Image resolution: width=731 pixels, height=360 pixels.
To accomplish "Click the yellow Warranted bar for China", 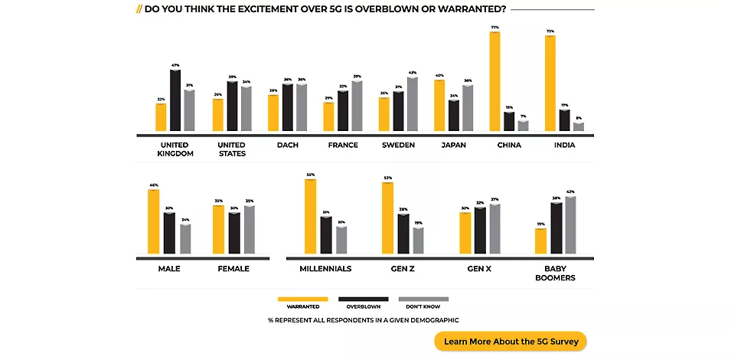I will click(495, 81).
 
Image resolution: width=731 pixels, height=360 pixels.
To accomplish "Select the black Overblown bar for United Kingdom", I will click(175, 100).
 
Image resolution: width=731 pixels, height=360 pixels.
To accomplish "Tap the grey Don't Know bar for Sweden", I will click(413, 104).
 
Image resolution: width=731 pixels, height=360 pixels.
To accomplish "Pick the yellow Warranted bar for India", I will click(550, 83).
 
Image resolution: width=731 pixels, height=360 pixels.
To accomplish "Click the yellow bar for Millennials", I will click(310, 216).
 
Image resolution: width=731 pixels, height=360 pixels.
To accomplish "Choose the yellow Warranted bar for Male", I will click(153, 222).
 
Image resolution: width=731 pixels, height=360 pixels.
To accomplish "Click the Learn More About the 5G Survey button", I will click(511, 341).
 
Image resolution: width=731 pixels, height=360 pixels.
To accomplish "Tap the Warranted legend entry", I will click(303, 303).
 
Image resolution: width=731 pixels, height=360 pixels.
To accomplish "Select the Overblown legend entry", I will click(364, 303).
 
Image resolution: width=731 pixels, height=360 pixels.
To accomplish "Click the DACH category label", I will click(288, 145).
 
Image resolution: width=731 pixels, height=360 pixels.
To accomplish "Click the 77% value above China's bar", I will click(495, 27).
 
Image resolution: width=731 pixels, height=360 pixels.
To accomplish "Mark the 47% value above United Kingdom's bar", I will click(175, 66).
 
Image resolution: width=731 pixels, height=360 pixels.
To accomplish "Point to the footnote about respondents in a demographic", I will click(364, 319).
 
